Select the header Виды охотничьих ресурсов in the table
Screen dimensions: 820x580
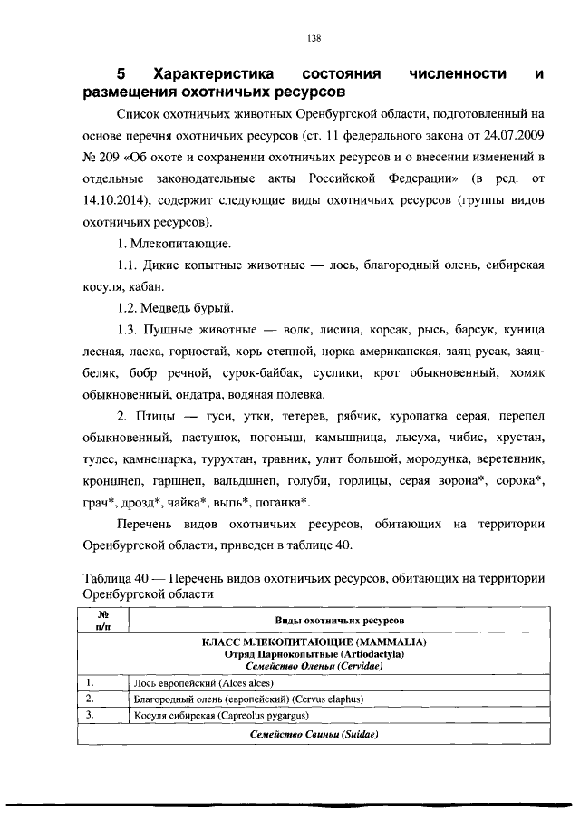(340, 620)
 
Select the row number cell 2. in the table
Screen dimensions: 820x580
(91, 699)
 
